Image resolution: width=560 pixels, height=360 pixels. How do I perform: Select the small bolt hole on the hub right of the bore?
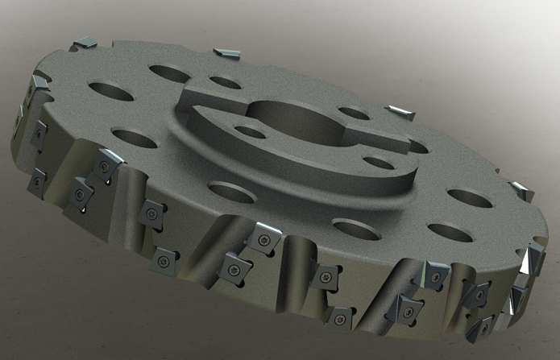[x=378, y=163]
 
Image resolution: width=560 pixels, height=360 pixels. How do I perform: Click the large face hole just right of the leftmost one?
[x=169, y=73]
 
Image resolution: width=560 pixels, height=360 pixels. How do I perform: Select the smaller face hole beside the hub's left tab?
[x=222, y=81]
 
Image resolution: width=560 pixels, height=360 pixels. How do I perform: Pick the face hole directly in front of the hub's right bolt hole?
[x=350, y=228]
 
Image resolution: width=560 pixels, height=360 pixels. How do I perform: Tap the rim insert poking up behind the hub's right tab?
[x=398, y=111]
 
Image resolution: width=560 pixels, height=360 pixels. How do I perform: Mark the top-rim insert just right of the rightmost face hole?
[x=521, y=192]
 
